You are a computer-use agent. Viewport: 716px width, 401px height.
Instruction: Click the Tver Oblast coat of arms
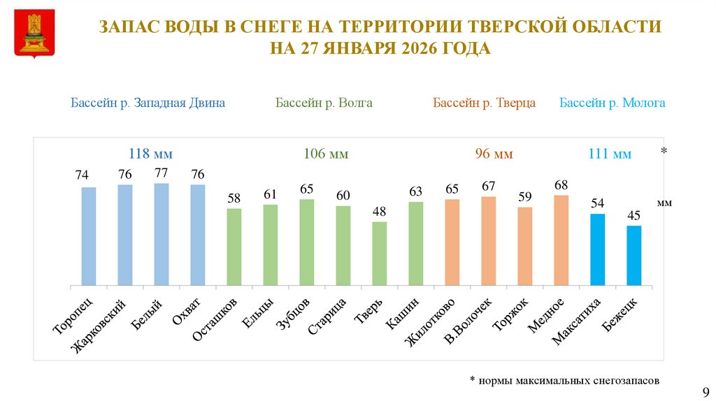coord(32,33)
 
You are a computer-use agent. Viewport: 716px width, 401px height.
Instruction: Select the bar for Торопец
coord(89,236)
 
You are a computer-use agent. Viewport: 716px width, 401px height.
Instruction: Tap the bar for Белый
coord(162,234)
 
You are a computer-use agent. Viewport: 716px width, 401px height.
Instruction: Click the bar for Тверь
coord(379,254)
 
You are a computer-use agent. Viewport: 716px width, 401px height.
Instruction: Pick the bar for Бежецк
coord(633,256)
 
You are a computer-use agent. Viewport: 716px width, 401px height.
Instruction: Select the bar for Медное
coord(561,240)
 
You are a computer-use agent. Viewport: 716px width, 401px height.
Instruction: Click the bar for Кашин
coord(415,243)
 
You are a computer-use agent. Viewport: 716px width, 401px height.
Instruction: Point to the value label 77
coord(162,172)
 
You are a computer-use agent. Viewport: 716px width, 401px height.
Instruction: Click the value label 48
coord(379,211)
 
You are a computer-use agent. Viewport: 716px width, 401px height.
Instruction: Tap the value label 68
coord(561,184)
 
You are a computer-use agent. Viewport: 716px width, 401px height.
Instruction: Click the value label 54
coord(597,203)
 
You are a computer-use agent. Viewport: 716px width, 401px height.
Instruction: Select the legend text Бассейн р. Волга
coord(324,103)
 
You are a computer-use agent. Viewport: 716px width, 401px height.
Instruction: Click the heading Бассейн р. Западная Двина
coord(148,103)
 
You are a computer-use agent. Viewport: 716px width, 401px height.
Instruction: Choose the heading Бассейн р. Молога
coord(612,103)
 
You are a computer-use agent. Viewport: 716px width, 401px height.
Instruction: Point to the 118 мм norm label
coord(150,154)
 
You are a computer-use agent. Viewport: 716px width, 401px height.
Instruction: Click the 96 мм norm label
coord(494,154)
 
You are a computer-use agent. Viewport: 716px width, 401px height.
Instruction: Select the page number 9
coord(705,391)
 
